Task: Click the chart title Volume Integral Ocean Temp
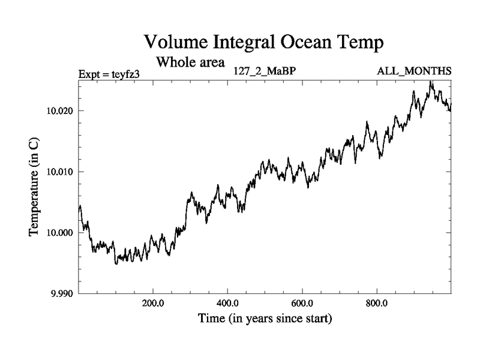264,43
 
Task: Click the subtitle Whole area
190,62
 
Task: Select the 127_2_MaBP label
265,71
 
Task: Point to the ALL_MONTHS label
414,71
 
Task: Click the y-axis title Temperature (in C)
35,186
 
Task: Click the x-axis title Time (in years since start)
265,319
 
